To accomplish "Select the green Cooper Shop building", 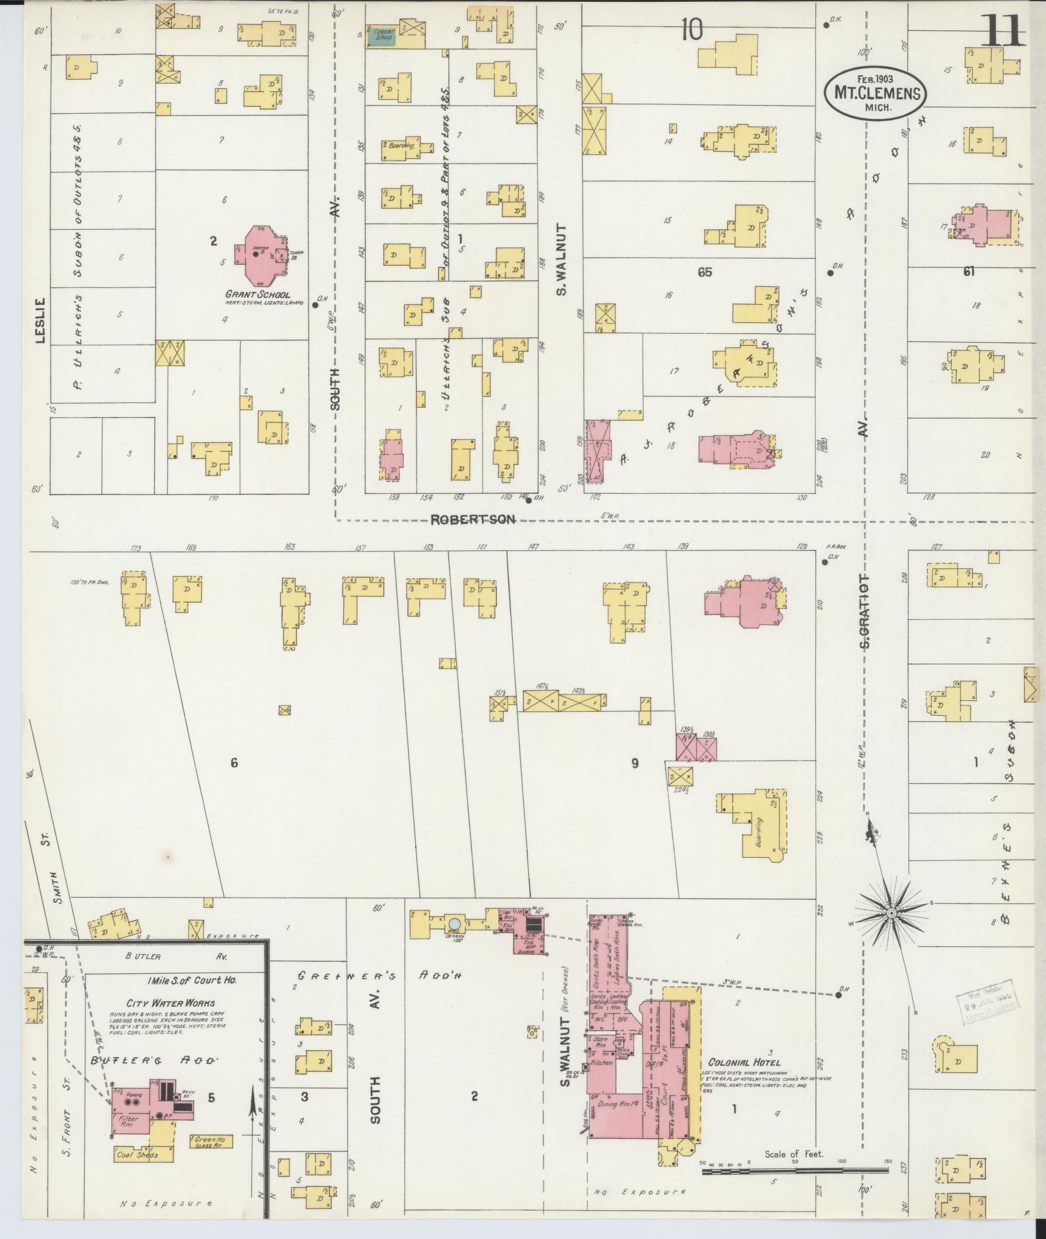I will click(381, 37).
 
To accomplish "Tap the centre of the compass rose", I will click(892, 913).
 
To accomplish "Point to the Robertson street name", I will click(473, 520).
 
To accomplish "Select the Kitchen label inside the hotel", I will click(601, 1063).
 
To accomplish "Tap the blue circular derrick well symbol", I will click(454, 924).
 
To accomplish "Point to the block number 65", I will click(705, 272).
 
